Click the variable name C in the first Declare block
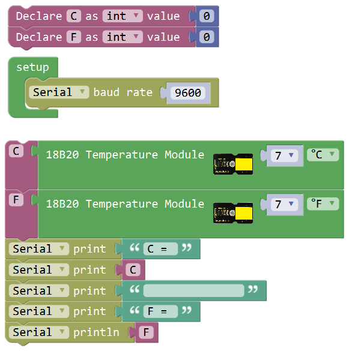click(74, 16)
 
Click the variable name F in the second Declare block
click(74, 37)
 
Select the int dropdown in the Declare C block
click(123, 16)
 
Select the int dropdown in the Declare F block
click(123, 37)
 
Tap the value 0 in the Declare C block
click(207, 16)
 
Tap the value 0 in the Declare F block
click(207, 37)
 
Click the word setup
click(32, 67)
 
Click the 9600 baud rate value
click(188, 93)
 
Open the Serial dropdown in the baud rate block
click(59, 92)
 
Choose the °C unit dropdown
click(323, 155)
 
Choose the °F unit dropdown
click(323, 203)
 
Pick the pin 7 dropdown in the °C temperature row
click(284, 155)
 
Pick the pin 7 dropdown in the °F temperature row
click(284, 204)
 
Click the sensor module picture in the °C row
click(233, 164)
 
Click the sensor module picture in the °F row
click(233, 213)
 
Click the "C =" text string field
click(160, 248)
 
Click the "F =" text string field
click(160, 311)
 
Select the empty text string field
click(193, 290)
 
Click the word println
click(96, 332)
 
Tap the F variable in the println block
click(146, 332)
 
